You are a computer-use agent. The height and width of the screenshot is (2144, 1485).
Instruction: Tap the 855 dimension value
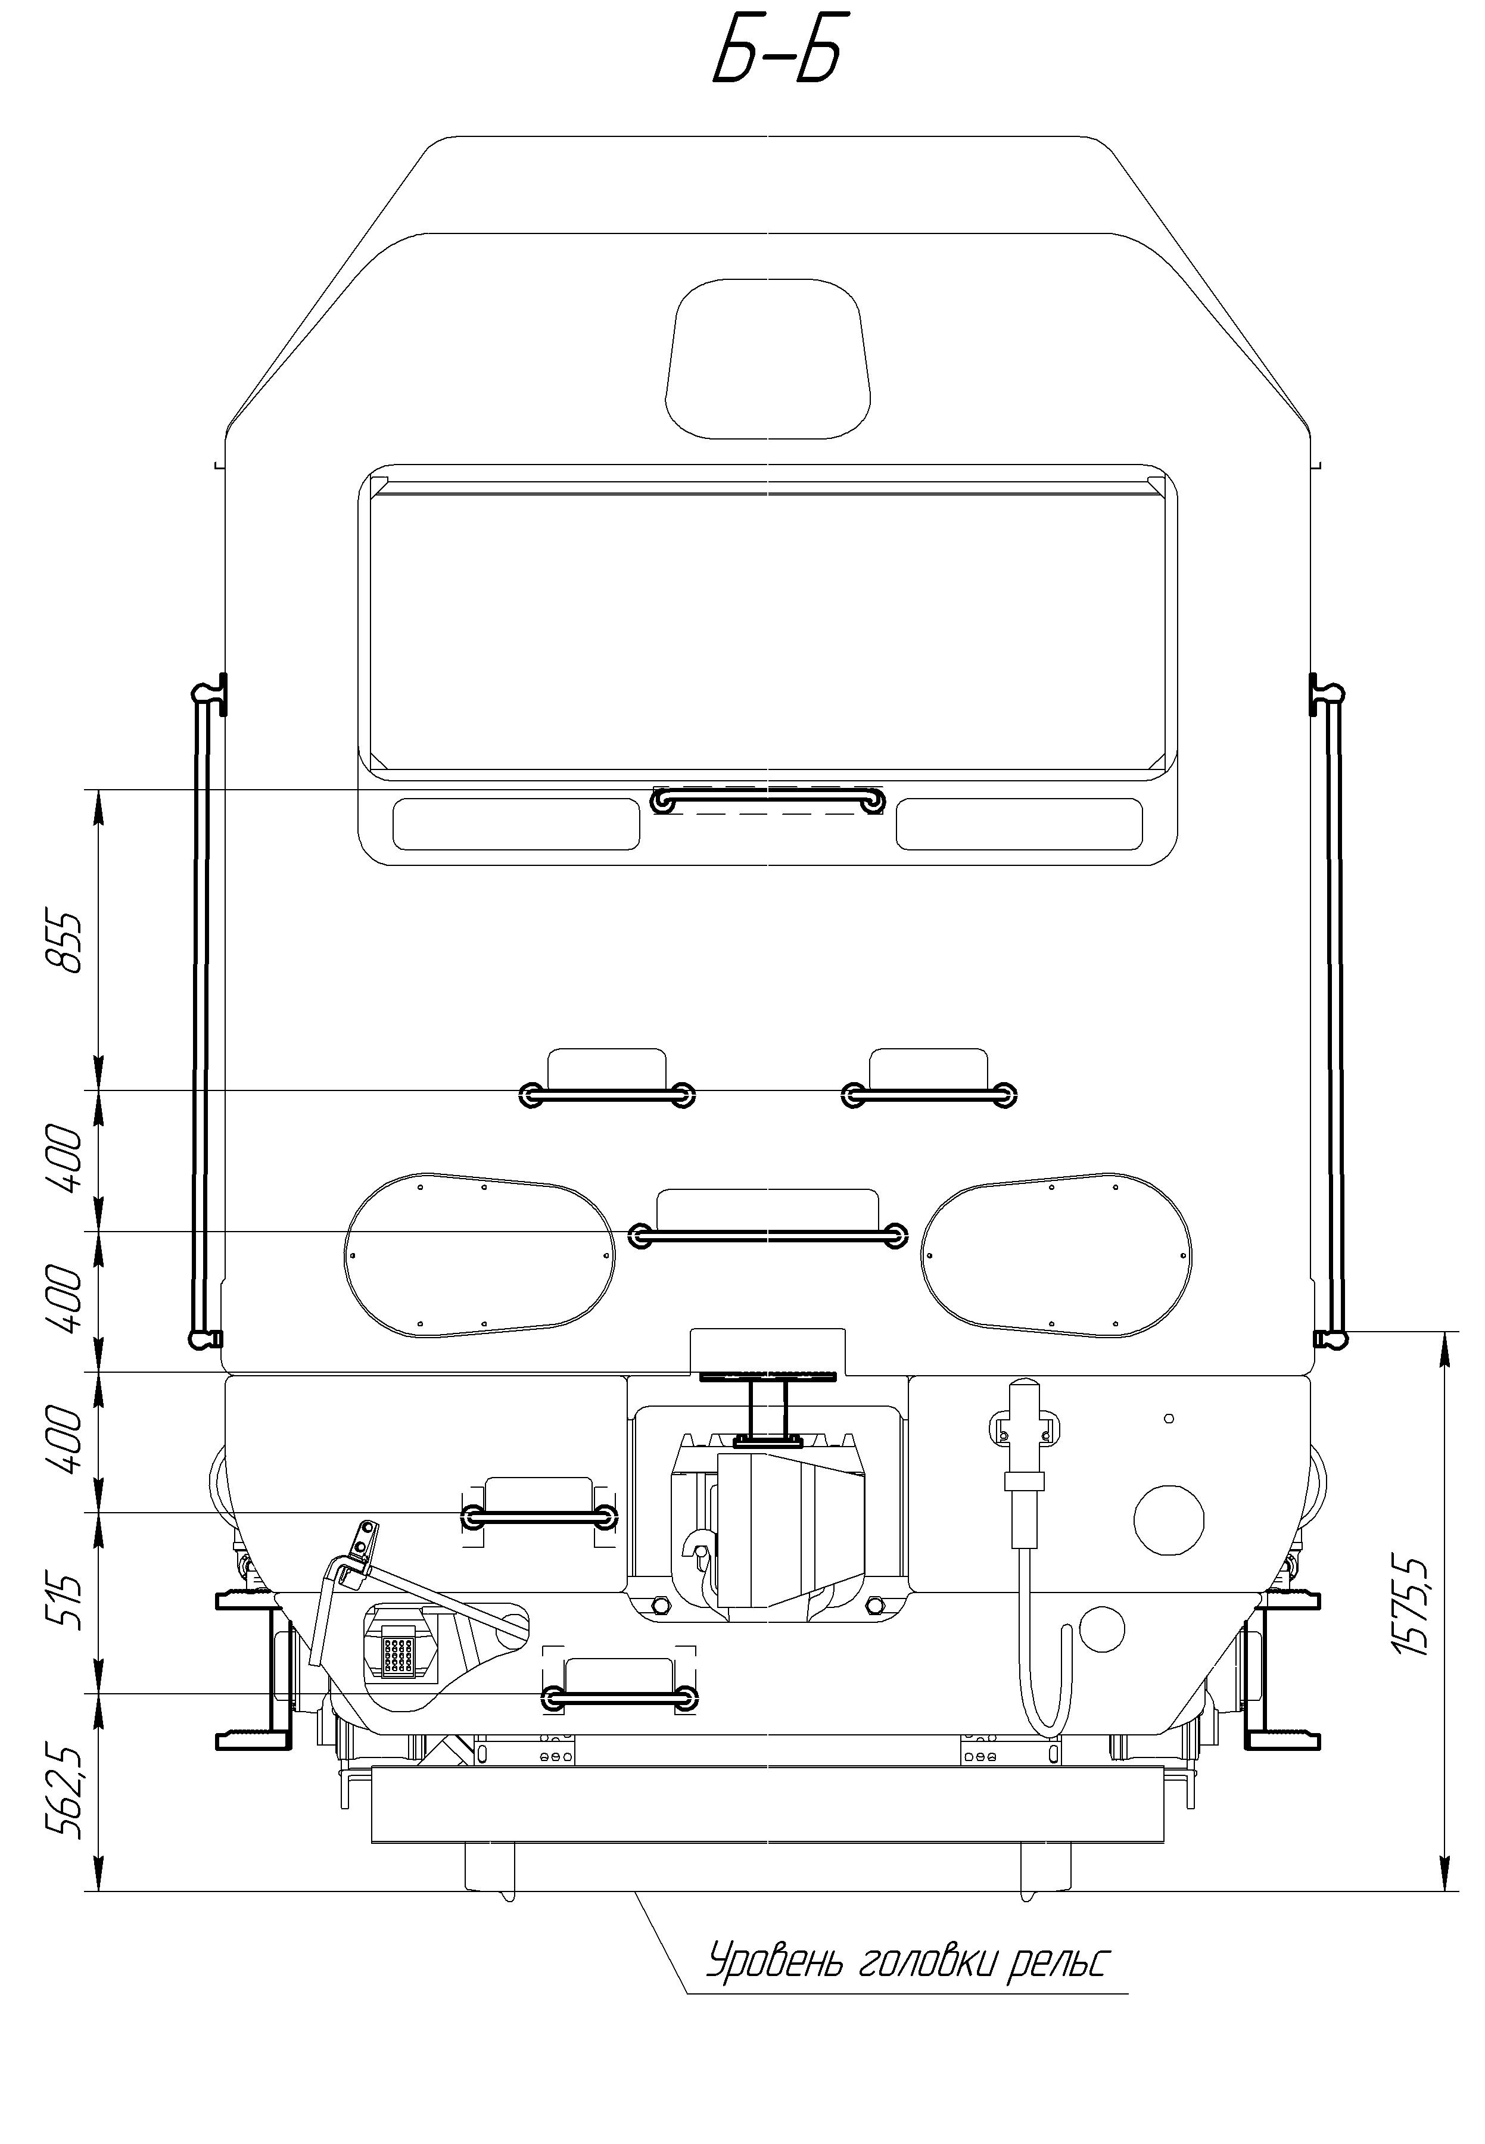[x=65, y=942]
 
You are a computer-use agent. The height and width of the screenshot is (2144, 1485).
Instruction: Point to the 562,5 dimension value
[x=65, y=1791]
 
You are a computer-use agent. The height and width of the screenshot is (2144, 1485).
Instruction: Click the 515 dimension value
[x=65, y=1601]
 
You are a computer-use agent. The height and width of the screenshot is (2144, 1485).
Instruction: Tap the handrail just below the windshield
[x=768, y=800]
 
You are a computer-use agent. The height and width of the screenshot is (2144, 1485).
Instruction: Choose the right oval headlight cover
[x=1057, y=1255]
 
